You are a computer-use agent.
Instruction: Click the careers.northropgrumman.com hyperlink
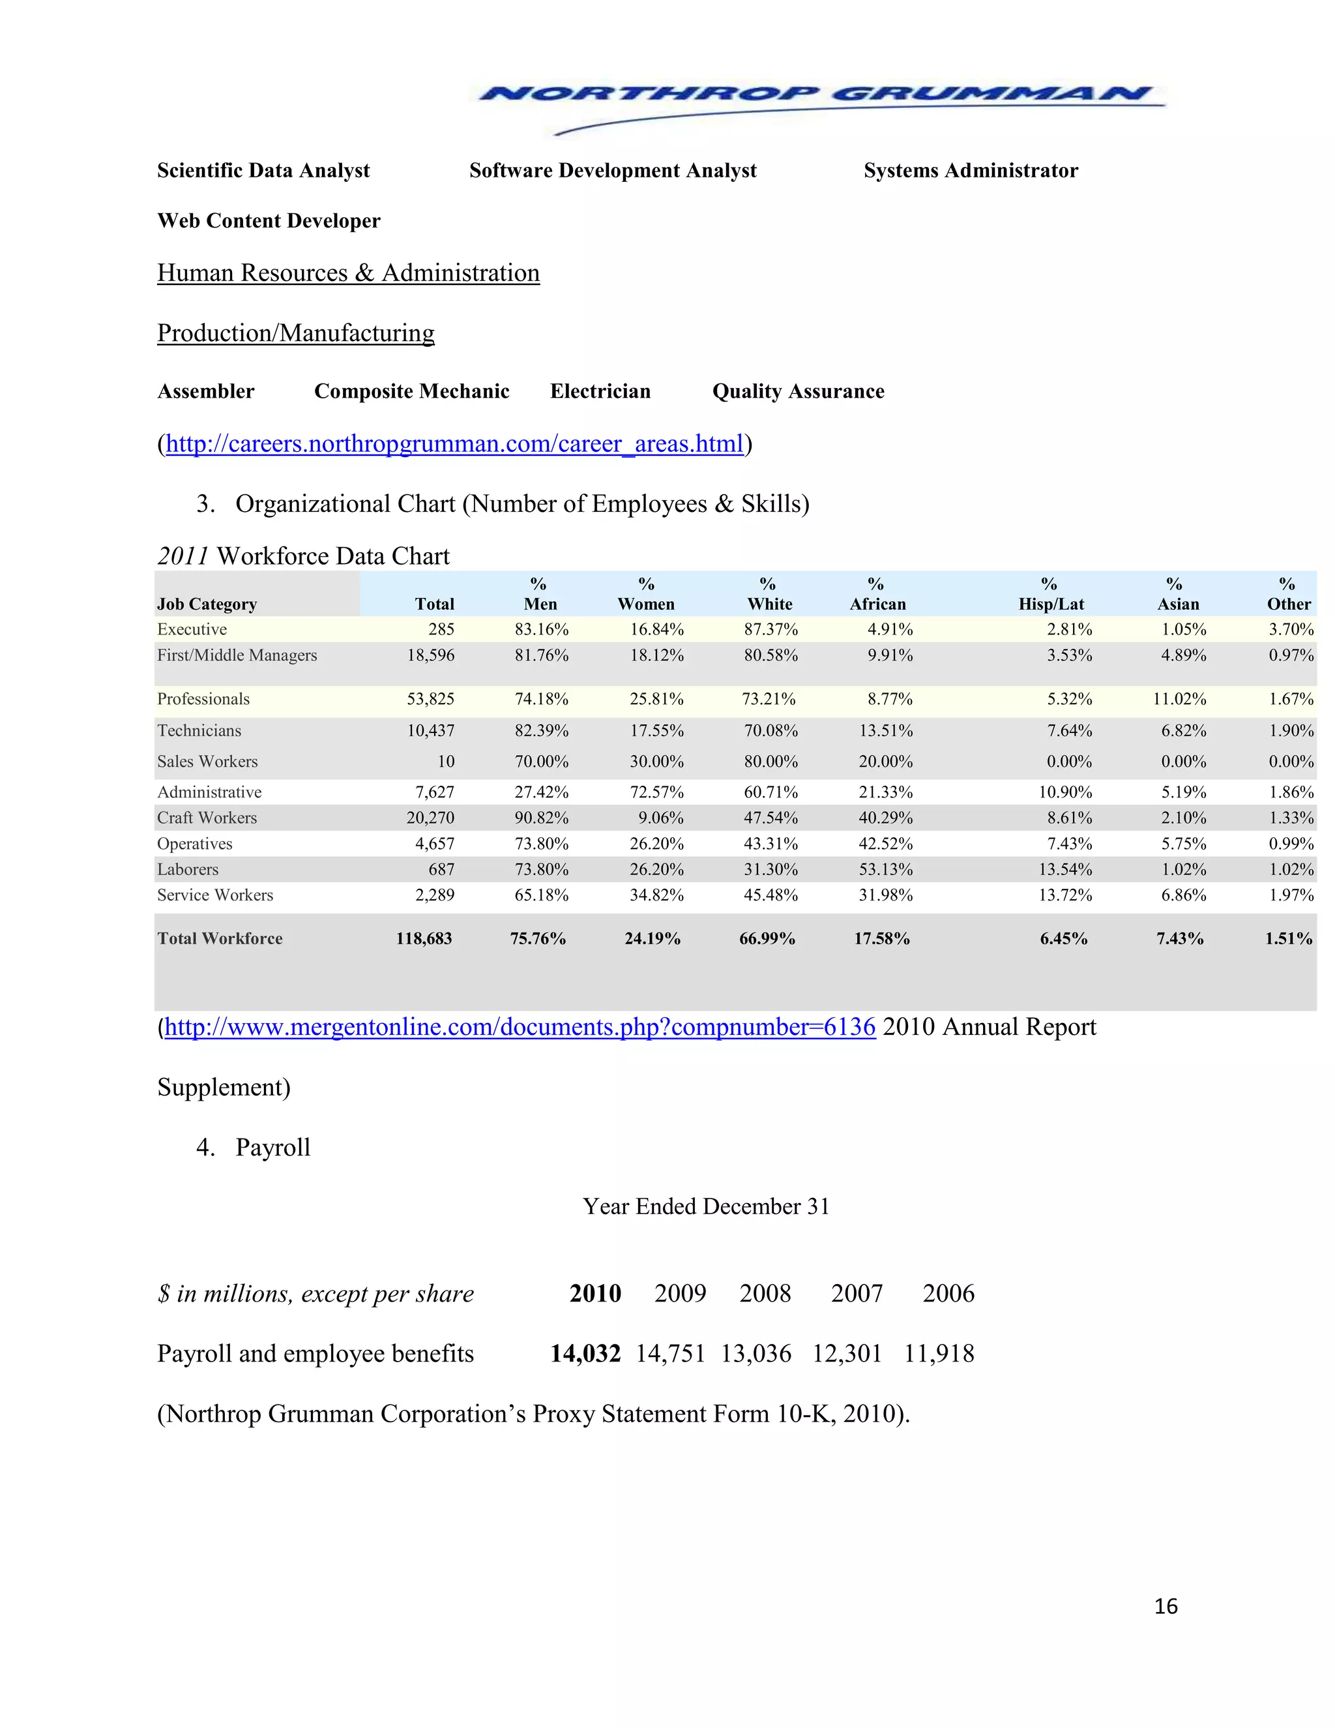point(455,444)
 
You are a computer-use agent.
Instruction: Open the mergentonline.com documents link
point(520,1027)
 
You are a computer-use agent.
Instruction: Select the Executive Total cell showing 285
point(441,630)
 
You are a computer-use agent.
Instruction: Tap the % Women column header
point(646,594)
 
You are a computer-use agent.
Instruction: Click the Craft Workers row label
point(207,818)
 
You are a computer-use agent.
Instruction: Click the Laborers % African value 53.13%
point(886,869)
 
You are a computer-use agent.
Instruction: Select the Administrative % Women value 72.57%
point(656,793)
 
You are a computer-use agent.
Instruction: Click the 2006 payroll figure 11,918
point(939,1354)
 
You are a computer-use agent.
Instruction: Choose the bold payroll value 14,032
point(585,1354)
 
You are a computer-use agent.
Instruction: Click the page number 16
point(1166,1606)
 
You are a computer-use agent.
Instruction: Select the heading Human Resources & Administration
point(348,273)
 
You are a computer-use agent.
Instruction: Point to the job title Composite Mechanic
point(411,392)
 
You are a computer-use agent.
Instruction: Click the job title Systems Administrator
point(971,171)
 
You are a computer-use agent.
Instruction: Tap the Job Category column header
point(207,604)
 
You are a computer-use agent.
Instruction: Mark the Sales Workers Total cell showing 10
point(446,762)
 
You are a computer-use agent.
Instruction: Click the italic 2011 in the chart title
point(183,556)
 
